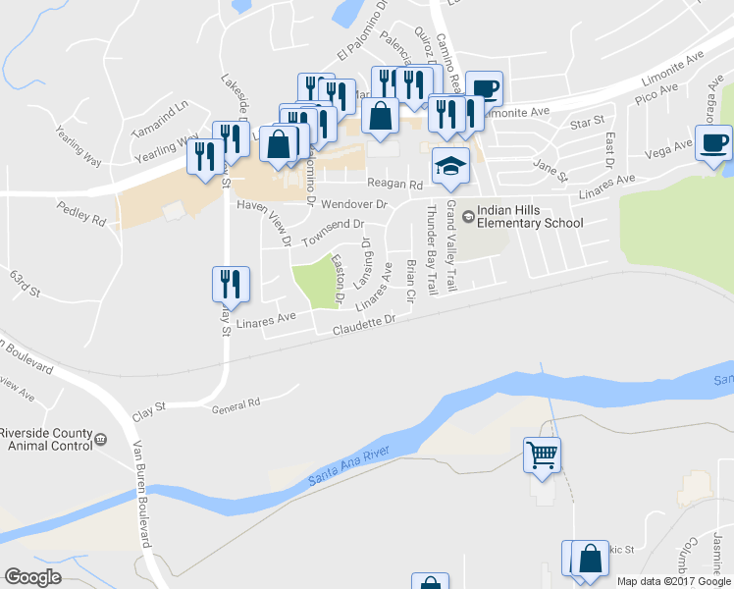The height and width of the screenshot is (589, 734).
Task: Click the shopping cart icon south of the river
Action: (x=543, y=455)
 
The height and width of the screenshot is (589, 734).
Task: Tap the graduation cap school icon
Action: (x=451, y=166)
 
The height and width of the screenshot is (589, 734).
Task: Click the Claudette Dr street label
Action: (x=363, y=325)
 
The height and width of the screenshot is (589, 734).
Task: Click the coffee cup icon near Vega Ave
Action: (x=713, y=144)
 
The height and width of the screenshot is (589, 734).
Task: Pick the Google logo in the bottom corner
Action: (x=33, y=576)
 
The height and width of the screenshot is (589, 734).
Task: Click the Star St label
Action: (x=586, y=124)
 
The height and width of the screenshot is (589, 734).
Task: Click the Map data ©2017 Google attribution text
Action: (x=673, y=581)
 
